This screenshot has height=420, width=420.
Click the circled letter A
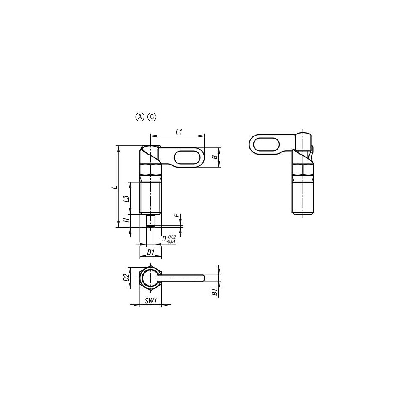pyautogui.click(x=139, y=117)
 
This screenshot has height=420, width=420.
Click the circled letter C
pyautogui.click(x=152, y=117)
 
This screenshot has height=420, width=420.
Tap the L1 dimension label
pyautogui.click(x=179, y=132)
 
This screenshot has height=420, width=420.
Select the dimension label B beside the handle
pyautogui.click(x=215, y=157)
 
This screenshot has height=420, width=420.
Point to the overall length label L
pyautogui.click(x=115, y=187)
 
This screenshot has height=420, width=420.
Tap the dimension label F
pyautogui.click(x=176, y=215)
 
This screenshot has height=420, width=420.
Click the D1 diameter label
pyautogui.click(x=151, y=252)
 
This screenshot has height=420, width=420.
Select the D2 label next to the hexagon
pyautogui.click(x=126, y=278)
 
